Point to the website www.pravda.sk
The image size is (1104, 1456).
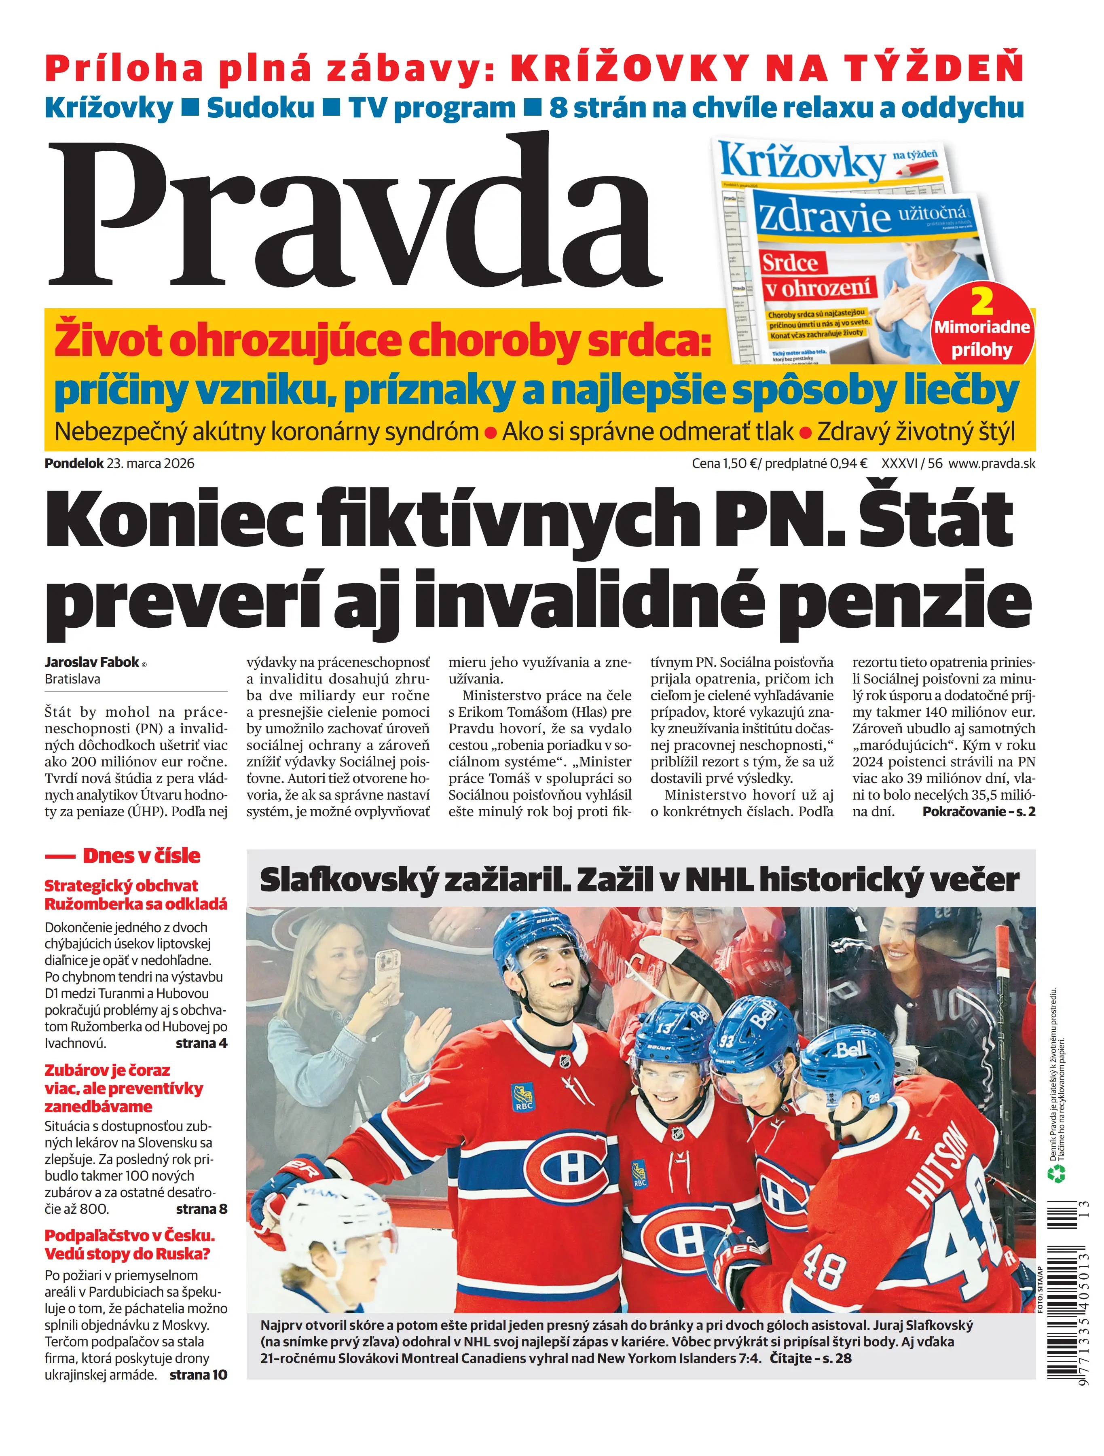pos(992,463)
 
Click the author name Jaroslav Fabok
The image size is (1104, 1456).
pos(92,662)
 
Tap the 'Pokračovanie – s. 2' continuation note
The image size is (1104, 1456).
pos(978,812)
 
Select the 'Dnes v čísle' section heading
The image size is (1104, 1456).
pos(141,856)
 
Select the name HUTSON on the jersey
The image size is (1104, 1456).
pos(937,1158)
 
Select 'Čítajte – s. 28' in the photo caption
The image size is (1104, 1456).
pos(810,1358)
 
